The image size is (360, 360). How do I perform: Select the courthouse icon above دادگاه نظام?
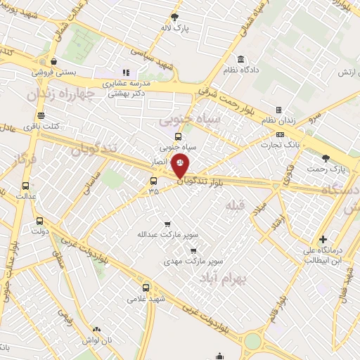(x=241, y=59)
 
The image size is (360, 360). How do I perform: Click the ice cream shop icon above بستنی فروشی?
(x=54, y=60)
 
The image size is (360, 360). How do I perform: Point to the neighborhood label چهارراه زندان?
(x=60, y=94)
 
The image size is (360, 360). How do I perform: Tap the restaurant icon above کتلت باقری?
(x=41, y=115)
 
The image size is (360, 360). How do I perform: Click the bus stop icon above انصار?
(x=177, y=137)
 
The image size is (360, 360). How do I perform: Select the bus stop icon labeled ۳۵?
(x=153, y=180)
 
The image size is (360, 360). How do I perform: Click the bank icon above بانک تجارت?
(x=281, y=135)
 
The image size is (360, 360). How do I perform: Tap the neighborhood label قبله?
(x=231, y=205)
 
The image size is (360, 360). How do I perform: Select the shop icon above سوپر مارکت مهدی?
(x=193, y=250)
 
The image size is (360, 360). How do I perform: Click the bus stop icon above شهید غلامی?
(x=146, y=287)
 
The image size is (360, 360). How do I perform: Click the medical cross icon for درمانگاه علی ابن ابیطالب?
(x=323, y=239)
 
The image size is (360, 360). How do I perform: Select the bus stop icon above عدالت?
(x=26, y=186)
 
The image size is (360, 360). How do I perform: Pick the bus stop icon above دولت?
(x=39, y=219)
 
